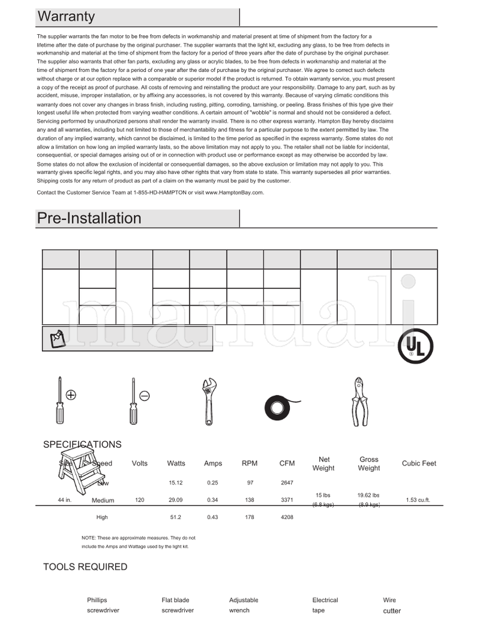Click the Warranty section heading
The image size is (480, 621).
[x=66, y=17]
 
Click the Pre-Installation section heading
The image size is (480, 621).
[x=89, y=218]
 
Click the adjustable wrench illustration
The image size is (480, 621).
[x=208, y=400]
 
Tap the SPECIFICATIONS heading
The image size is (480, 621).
[x=82, y=445]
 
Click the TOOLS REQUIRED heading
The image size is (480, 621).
[x=85, y=567]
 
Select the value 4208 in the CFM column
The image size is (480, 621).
[x=287, y=517]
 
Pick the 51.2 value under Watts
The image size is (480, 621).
[x=176, y=517]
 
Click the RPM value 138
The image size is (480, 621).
[x=250, y=500]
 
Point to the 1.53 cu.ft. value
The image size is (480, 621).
[x=418, y=500]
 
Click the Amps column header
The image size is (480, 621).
[x=213, y=463]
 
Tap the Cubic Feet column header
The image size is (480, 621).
[x=419, y=463]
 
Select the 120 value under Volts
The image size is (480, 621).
[x=140, y=499]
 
